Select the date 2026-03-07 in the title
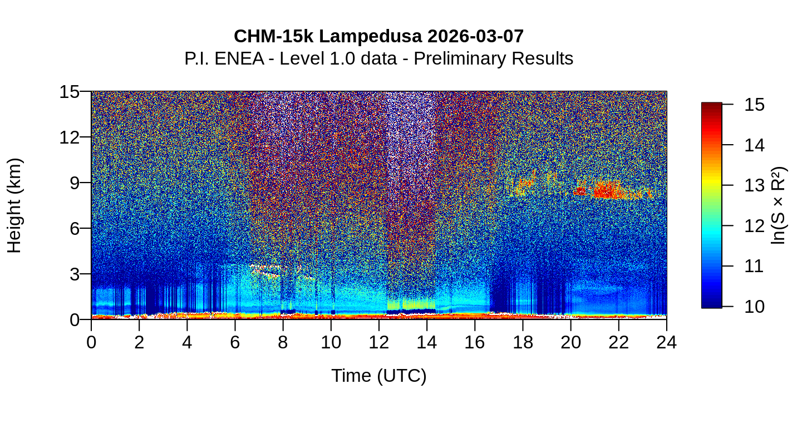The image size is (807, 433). click(x=476, y=37)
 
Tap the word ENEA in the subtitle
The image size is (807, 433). click(x=239, y=58)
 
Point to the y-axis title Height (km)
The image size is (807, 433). click(x=15, y=205)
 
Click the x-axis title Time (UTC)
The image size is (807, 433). click(x=379, y=376)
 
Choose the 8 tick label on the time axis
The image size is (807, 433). click(x=283, y=342)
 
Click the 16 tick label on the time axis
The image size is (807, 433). click(x=475, y=342)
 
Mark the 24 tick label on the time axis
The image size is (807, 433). click(x=666, y=342)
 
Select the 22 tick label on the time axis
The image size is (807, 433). click(x=618, y=342)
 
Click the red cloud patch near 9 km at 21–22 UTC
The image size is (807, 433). click(x=609, y=190)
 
